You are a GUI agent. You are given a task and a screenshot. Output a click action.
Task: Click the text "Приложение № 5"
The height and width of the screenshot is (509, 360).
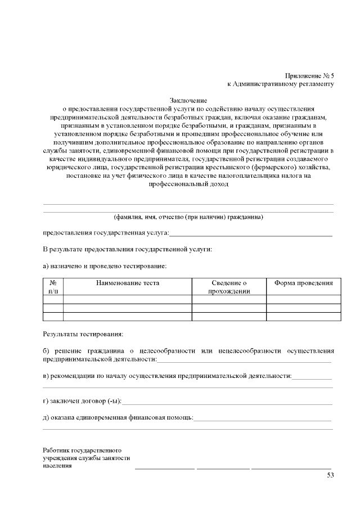(309, 75)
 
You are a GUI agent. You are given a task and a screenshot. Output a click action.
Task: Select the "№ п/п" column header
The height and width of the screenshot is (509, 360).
(53, 287)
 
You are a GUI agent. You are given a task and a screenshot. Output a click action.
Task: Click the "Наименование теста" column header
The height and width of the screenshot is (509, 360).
(127, 283)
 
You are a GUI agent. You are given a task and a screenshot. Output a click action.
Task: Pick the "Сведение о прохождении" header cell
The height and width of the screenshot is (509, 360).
(229, 287)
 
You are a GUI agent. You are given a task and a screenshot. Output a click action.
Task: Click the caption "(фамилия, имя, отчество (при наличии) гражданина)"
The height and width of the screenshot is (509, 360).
(188, 217)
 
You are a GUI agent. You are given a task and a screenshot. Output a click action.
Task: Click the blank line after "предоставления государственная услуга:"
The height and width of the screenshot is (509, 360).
(250, 233)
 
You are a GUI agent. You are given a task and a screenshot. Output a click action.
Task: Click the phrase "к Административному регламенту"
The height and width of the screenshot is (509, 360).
(281, 84)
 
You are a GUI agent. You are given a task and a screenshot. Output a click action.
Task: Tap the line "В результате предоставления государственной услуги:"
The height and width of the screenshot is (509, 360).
(128, 249)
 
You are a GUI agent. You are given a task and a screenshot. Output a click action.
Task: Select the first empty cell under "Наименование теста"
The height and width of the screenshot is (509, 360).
(127, 300)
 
